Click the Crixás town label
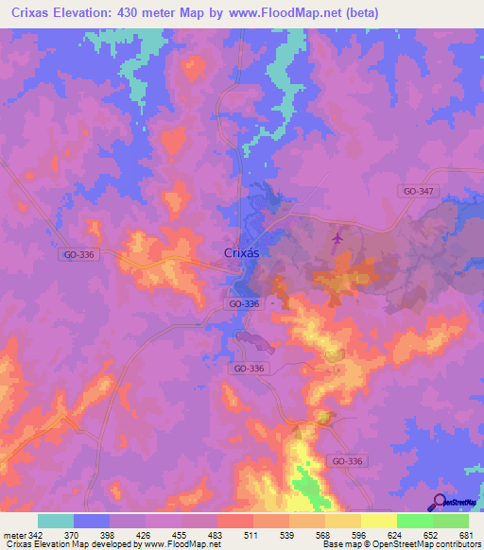click(x=243, y=253)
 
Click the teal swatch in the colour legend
click(x=56, y=521)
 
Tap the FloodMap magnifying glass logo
click(x=439, y=500)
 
